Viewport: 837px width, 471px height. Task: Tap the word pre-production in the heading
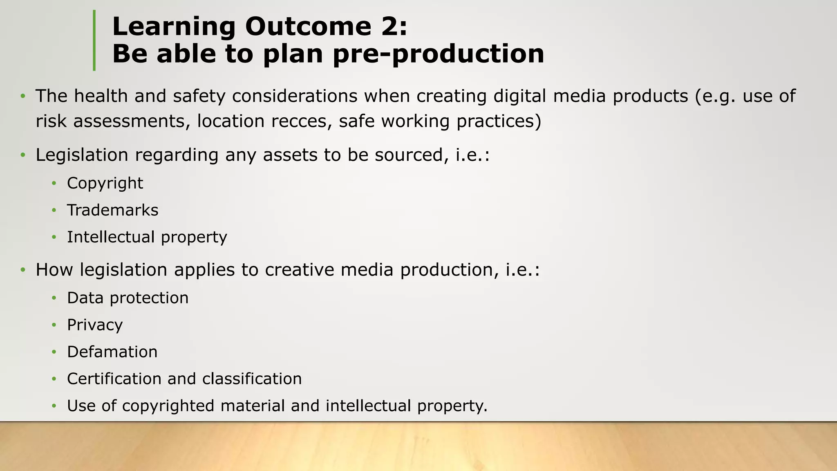[439, 54]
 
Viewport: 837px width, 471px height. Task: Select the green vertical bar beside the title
[94, 40]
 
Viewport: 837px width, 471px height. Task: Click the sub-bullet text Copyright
[105, 183]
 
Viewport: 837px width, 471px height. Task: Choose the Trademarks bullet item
[112, 210]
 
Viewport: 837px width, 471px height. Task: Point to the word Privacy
[95, 325]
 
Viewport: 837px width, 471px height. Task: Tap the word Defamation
[112, 352]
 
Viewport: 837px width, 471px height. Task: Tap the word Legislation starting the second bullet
[82, 155]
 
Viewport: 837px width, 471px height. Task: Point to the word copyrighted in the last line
[168, 406]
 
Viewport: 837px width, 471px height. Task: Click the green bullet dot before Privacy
[54, 325]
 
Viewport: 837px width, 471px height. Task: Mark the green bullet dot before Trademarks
[54, 211]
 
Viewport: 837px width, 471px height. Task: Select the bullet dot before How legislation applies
[23, 270]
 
